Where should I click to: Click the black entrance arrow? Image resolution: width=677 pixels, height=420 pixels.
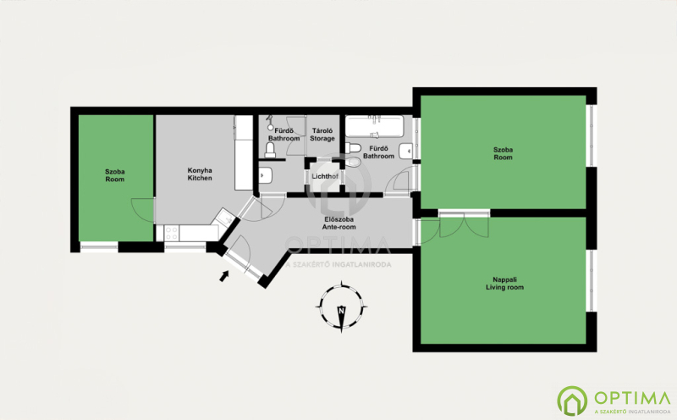(x=224, y=276)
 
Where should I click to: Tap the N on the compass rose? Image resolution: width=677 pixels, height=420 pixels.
(x=342, y=311)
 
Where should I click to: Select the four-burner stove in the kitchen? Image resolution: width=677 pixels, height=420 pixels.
(x=172, y=234)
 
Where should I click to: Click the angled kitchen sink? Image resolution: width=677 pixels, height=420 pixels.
(x=224, y=217)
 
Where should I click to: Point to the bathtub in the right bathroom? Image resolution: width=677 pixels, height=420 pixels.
(x=375, y=125)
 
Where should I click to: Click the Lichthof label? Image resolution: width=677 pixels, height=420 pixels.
(x=325, y=176)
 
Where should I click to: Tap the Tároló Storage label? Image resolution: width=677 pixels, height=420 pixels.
(x=322, y=135)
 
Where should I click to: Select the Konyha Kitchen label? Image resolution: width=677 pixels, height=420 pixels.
(x=200, y=174)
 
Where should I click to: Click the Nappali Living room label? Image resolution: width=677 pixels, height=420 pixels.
(x=504, y=284)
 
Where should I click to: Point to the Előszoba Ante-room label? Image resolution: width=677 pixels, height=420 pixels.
(x=339, y=223)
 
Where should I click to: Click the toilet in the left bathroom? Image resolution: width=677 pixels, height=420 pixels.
(x=270, y=150)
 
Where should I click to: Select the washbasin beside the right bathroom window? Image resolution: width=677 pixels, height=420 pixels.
(x=406, y=152)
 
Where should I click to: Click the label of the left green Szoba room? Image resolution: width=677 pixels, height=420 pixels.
(x=115, y=175)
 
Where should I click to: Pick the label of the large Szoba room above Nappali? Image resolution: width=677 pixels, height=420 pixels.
(x=503, y=153)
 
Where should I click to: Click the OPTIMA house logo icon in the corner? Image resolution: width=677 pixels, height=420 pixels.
(x=572, y=401)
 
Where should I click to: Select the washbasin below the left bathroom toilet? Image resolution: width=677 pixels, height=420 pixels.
(x=266, y=176)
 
